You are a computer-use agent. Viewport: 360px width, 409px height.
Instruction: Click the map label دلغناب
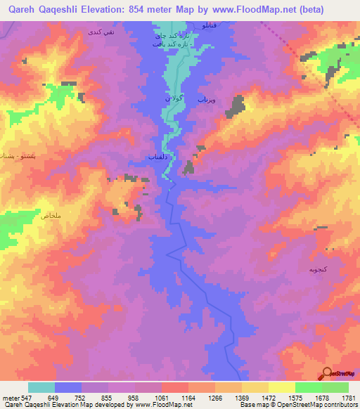click(x=158, y=157)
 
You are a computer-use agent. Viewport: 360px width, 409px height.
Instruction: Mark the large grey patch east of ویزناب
click(x=237, y=106)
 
